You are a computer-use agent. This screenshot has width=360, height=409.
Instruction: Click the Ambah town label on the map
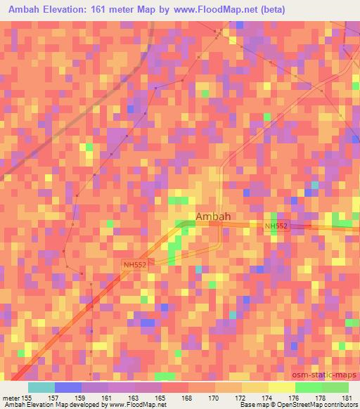coord(212,216)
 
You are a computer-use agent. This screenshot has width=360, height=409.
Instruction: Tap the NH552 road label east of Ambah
coord(276,226)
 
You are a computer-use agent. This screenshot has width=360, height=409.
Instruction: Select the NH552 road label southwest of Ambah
coord(135,264)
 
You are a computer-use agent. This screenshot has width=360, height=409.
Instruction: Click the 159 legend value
coord(82,397)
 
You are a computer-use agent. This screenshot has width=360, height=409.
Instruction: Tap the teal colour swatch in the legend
coord(41,387)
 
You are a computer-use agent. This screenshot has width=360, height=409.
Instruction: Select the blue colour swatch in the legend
coord(68,387)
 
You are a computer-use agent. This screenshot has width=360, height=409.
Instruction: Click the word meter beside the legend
coord(11,397)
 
